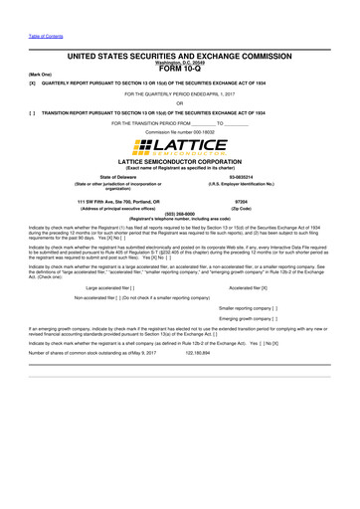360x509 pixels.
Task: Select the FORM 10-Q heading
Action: point(180,68)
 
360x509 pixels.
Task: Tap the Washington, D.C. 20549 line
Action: point(180,61)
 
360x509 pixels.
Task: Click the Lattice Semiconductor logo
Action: point(180,146)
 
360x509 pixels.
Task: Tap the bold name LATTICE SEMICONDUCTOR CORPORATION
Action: point(180,160)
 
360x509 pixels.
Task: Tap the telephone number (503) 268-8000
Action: point(180,213)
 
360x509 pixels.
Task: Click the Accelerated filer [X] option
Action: point(248,286)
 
